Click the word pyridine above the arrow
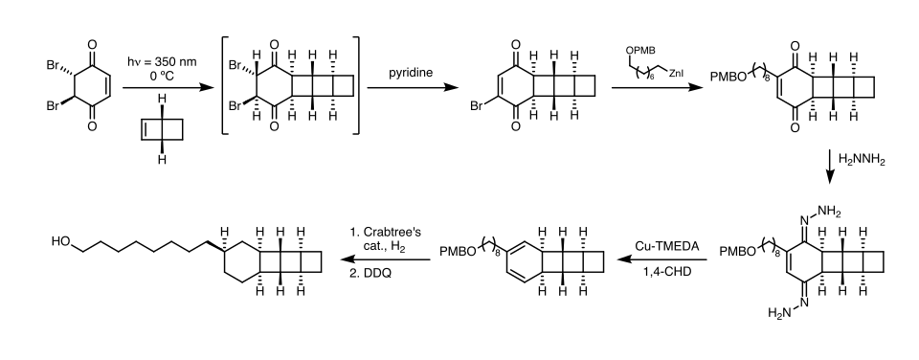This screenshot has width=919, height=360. [x=411, y=73]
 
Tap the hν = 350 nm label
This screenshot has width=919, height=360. [x=162, y=62]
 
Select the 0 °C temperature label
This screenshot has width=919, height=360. [x=162, y=76]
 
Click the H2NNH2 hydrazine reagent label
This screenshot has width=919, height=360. [x=862, y=160]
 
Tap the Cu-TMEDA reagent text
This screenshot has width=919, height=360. [x=667, y=246]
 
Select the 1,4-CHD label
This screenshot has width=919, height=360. [x=667, y=272]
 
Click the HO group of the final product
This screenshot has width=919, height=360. [x=61, y=241]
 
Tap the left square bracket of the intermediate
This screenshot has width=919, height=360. [x=225, y=85]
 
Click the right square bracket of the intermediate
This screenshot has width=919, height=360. [x=355, y=85]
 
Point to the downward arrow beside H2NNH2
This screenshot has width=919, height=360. [x=829, y=168]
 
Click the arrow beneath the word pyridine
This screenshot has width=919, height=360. [x=412, y=88]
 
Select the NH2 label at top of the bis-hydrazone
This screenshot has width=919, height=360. [x=829, y=212]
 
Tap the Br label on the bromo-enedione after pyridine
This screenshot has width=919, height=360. [x=476, y=107]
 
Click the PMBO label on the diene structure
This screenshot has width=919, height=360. [x=454, y=252]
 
